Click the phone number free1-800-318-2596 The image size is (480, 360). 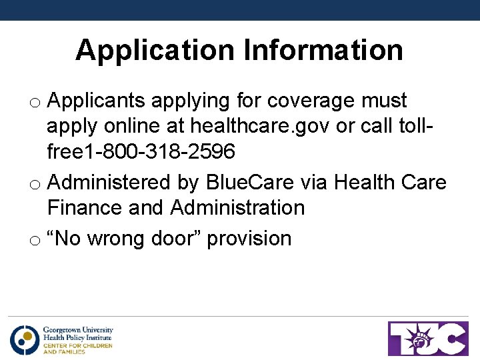click(x=141, y=152)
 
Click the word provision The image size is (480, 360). click(x=249, y=238)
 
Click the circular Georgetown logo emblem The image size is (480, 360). click(x=25, y=339)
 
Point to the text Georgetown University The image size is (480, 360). click(x=78, y=330)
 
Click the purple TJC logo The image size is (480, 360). click(x=428, y=339)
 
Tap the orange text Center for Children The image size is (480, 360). click(x=77, y=345)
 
